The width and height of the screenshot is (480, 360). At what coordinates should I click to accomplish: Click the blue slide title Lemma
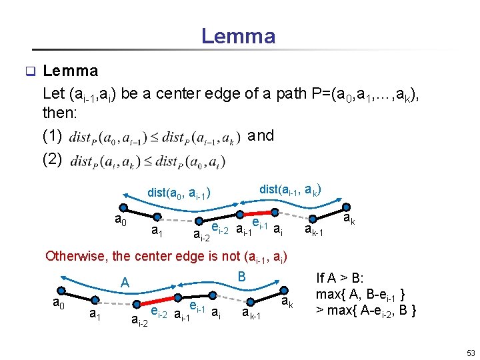tap(238, 35)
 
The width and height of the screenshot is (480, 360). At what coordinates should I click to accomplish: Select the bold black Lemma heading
tap(70, 71)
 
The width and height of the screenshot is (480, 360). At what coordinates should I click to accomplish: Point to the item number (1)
tap(52, 137)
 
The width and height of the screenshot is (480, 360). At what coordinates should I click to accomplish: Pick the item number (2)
tap(52, 160)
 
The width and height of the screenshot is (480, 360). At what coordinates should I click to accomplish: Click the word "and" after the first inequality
tap(261, 136)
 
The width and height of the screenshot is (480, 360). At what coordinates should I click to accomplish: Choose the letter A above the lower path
tap(124, 283)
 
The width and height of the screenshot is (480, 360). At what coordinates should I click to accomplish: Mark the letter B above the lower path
tap(242, 275)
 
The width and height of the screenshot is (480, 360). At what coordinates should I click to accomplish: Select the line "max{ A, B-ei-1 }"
tap(363, 294)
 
